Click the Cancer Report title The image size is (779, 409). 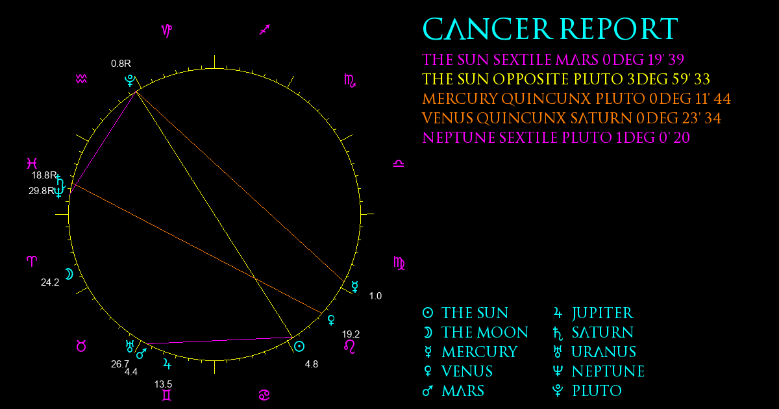coord(550,29)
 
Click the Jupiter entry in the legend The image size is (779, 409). coord(593,313)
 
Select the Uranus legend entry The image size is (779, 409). coord(595,352)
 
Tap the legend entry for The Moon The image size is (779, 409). coord(475,332)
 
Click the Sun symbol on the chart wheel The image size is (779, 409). coord(299,347)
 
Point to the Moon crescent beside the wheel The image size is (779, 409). coord(69,274)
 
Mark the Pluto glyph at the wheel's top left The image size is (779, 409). coord(130,81)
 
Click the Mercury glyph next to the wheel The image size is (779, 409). coord(354,286)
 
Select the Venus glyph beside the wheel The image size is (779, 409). coord(332,319)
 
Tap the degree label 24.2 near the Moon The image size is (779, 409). coord(50,282)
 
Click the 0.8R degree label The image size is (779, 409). coord(121,64)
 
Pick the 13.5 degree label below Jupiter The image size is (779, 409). coord(163,384)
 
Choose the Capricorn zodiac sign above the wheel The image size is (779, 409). coord(167,31)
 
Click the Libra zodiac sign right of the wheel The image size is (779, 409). coord(399,164)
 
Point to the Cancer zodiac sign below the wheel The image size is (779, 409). coord(264,395)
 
